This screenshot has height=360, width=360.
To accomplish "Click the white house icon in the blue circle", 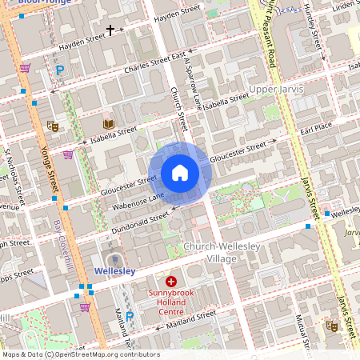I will tap(180, 173).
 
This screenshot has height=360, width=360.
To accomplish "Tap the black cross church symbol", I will tap(110, 30).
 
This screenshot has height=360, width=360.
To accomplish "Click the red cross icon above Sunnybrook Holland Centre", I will tap(171, 282).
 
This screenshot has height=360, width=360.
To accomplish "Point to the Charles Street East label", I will tap(157, 63).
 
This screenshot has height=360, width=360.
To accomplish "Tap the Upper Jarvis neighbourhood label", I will tap(276, 88).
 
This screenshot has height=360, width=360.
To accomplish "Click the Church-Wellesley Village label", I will tap(221, 253).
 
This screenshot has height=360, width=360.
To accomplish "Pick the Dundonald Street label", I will tap(138, 222).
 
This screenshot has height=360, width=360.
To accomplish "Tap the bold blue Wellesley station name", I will tap(114, 271).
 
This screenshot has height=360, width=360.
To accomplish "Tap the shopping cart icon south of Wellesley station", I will tap(85, 306).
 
